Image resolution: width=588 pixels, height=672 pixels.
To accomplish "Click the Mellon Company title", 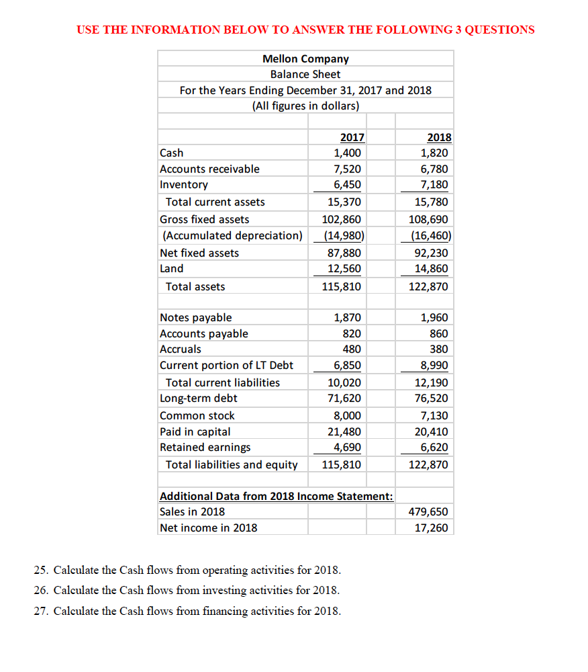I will click(305, 58).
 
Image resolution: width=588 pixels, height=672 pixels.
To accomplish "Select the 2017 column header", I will click(352, 138).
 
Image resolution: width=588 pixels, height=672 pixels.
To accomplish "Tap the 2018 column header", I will click(439, 138).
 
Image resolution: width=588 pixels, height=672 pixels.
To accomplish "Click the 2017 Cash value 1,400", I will click(349, 153).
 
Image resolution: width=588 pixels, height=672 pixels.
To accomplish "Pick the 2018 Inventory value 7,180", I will click(435, 185).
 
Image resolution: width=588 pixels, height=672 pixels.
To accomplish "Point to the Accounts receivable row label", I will click(209, 169).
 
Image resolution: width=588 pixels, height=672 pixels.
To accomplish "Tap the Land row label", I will click(172, 269).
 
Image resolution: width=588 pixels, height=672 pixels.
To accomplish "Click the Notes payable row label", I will click(196, 318).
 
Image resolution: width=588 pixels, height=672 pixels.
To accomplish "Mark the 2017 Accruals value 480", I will click(352, 349).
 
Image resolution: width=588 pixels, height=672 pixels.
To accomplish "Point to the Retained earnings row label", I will click(205, 448).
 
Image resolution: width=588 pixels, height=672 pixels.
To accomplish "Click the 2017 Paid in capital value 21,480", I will click(344, 432).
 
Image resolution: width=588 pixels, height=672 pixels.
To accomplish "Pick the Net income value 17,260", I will click(432, 528).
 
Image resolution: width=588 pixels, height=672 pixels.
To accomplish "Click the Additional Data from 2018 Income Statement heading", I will click(276, 496).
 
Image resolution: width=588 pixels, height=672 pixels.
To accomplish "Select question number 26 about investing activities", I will click(187, 591).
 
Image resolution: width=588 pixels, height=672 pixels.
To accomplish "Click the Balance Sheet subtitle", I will click(305, 75).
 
